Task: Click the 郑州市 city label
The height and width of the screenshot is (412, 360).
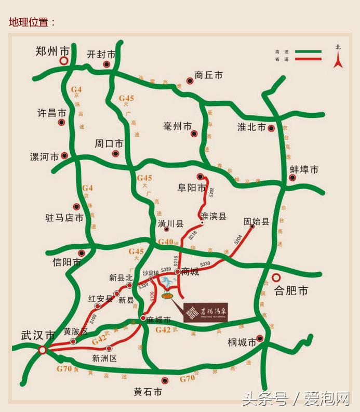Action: tap(52, 51)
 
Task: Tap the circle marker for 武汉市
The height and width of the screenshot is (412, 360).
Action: tap(43, 351)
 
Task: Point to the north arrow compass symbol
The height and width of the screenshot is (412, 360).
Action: tap(338, 58)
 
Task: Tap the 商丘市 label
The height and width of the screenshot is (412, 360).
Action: tap(208, 75)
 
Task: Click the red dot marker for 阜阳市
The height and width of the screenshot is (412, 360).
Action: tap(199, 176)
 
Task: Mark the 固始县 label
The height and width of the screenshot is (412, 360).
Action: tap(257, 222)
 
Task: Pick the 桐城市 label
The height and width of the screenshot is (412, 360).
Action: tap(242, 342)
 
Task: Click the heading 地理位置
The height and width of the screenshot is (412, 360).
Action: tap(32, 22)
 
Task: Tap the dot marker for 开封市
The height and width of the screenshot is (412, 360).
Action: tap(106, 64)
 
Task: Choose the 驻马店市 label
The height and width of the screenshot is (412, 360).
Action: tap(64, 218)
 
